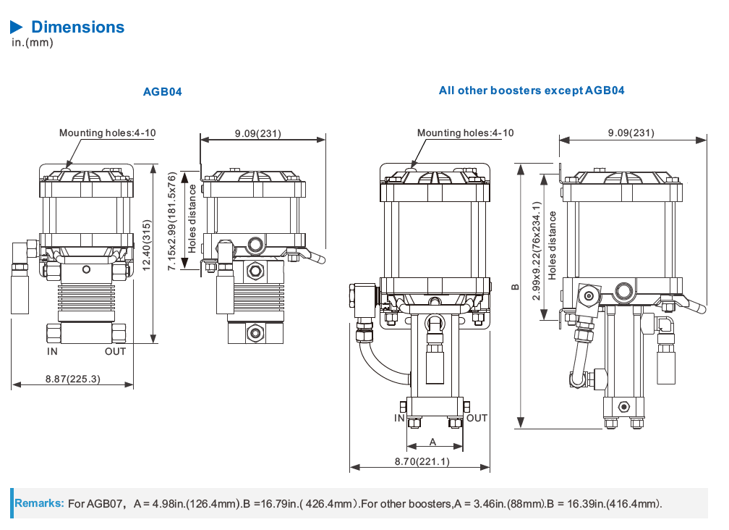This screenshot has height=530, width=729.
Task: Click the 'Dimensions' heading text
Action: pos(77,28)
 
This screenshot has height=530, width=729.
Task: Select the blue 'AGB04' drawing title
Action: pos(162,92)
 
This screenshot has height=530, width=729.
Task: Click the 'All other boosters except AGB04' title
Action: pos(532,91)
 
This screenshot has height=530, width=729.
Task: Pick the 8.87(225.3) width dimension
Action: pos(72,378)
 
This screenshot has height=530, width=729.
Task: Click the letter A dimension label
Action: pos(433,441)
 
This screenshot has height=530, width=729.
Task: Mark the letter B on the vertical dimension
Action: pos(515,287)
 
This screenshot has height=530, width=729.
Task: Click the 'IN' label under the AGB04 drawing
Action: pos(52,351)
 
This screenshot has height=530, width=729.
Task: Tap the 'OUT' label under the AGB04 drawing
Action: pos(114,351)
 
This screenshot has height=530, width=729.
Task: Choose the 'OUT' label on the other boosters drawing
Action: pos(477,418)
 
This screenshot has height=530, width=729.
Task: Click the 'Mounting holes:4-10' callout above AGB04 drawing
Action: pos(107,132)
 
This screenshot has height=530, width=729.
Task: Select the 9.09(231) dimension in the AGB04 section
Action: pos(257,133)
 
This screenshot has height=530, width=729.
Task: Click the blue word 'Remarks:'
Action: pos(40,503)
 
